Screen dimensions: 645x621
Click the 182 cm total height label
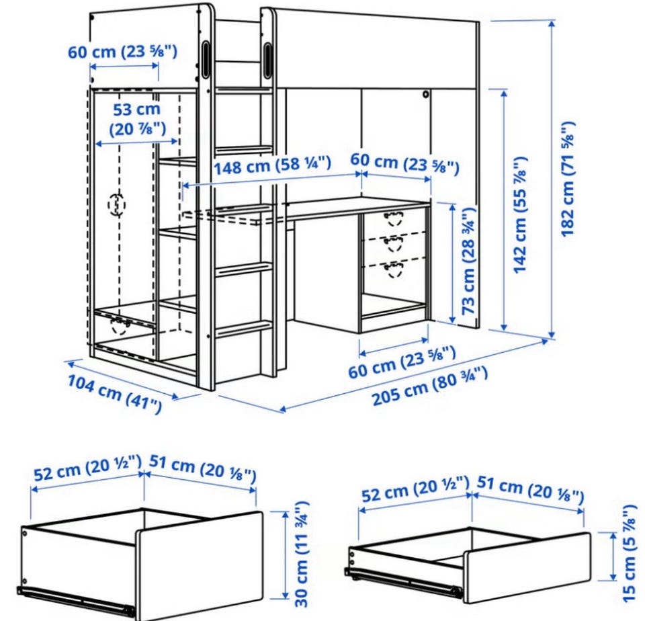[x=568, y=179]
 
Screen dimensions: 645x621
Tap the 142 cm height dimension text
[x=520, y=214]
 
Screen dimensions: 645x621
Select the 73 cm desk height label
[x=468, y=261]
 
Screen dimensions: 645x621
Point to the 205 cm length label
[x=429, y=386]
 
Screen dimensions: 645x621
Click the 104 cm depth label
[x=114, y=392]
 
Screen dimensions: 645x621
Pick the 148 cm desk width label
[x=272, y=165]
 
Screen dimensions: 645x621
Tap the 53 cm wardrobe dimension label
[x=137, y=119]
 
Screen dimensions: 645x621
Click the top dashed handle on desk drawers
[x=393, y=218]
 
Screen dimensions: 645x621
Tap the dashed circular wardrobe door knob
[x=117, y=204]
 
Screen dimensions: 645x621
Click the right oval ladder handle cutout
[x=267, y=60]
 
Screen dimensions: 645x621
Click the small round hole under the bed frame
[x=426, y=95]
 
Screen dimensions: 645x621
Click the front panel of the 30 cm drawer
[x=199, y=564]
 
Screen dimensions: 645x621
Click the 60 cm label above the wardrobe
[x=122, y=52]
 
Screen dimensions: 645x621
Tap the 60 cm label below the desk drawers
[x=402, y=362]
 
